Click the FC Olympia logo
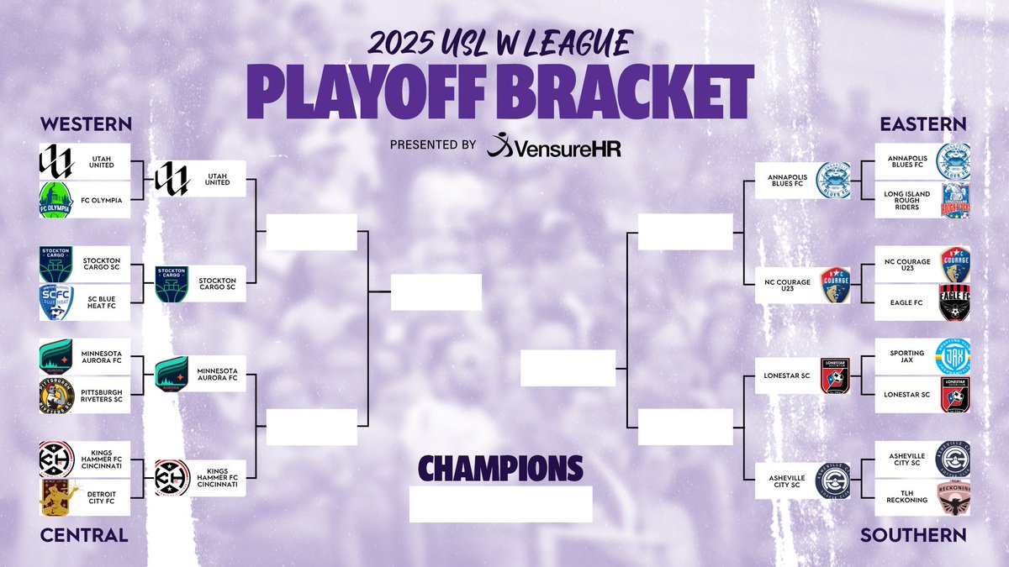[x=57, y=200]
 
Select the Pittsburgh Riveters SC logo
[x=57, y=395]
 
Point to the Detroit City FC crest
[x=57, y=496]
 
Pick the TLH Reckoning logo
[x=954, y=496]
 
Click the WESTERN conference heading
[x=86, y=124]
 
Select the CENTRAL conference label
[x=84, y=535]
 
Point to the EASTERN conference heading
[x=923, y=124]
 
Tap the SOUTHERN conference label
[x=913, y=535]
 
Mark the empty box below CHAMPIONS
[x=500, y=504]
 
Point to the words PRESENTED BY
[x=433, y=145]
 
